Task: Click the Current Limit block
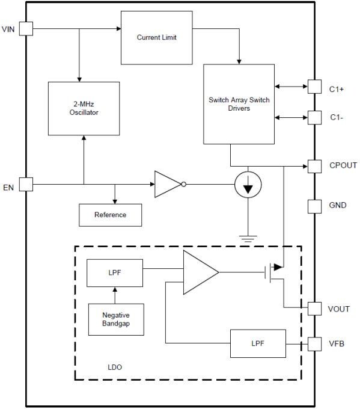pyautogui.click(x=156, y=37)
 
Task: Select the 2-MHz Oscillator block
pyautogui.click(x=84, y=108)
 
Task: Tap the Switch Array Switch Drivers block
pyautogui.click(x=238, y=104)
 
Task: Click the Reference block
pyautogui.click(x=111, y=215)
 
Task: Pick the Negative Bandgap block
pyautogui.click(x=116, y=319)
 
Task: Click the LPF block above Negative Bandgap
pyautogui.click(x=115, y=273)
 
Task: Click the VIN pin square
pyautogui.click(x=26, y=29)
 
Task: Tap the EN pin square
pyautogui.click(x=26, y=184)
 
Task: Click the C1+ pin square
pyautogui.click(x=315, y=87)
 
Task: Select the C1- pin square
pyautogui.click(x=315, y=117)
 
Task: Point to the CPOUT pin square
pyautogui.click(x=315, y=165)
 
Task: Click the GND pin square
pyautogui.click(x=315, y=206)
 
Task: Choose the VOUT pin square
pyautogui.click(x=315, y=309)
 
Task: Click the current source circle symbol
pyautogui.click(x=248, y=184)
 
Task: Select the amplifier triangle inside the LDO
pyautogui.click(x=199, y=272)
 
